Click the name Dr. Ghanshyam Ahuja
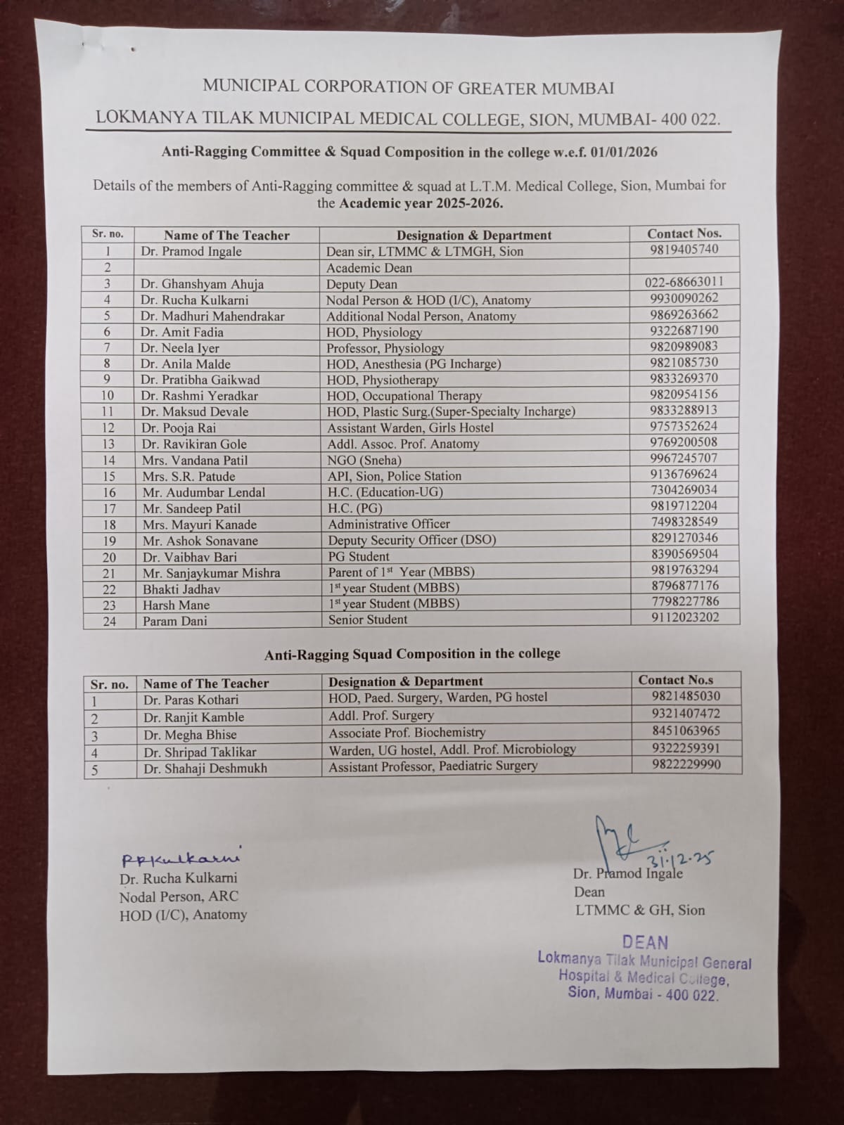pyautogui.click(x=202, y=284)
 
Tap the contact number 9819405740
pyautogui.click(x=684, y=249)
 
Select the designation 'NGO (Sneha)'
pyautogui.click(x=364, y=460)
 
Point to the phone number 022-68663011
pyautogui.click(x=684, y=282)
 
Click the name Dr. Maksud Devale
pyautogui.click(x=194, y=412)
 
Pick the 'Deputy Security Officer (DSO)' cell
pyautogui.click(x=412, y=540)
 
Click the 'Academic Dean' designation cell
pyautogui.click(x=369, y=268)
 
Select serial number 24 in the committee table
pyautogui.click(x=109, y=622)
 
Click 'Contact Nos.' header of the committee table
pyautogui.click(x=684, y=233)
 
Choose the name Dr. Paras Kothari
pyautogui.click(x=191, y=700)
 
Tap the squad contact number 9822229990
pyautogui.click(x=686, y=764)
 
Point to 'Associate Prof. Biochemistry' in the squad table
pyautogui.click(x=407, y=733)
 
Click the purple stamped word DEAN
pyautogui.click(x=645, y=942)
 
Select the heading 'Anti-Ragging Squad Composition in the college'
pyautogui.click(x=412, y=654)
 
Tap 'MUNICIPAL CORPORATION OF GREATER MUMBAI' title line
pyautogui.click(x=408, y=88)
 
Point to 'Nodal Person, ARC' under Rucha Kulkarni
pyautogui.click(x=179, y=896)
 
